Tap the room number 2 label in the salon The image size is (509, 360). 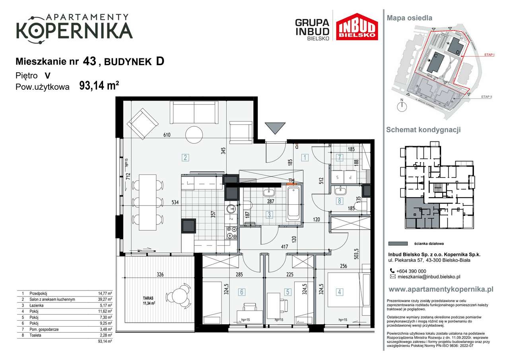(185, 157)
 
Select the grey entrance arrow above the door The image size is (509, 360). (275, 129)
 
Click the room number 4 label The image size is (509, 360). (339, 292)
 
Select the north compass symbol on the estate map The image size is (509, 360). (402, 105)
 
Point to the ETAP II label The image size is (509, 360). (486, 97)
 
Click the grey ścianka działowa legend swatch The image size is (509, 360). (397, 244)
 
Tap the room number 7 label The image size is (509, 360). (339, 157)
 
